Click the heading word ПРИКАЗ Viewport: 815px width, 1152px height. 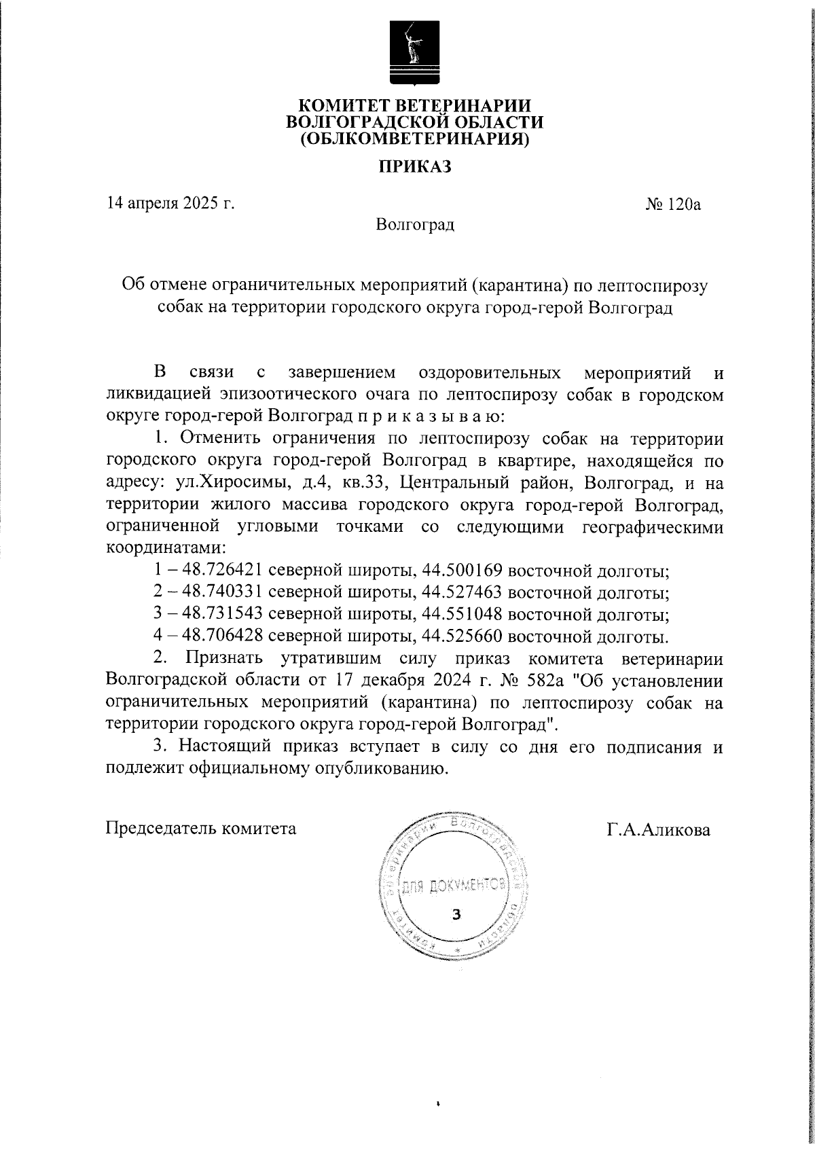pos(415,166)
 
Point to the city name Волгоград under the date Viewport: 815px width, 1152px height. pos(415,224)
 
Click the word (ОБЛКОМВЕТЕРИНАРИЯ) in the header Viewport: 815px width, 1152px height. pos(415,139)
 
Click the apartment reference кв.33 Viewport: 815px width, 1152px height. pos(364,484)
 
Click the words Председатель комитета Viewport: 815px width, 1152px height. pos(202,829)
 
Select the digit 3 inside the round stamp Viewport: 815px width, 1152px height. pos(456,914)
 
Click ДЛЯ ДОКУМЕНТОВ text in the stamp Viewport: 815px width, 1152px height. pos(455,886)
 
